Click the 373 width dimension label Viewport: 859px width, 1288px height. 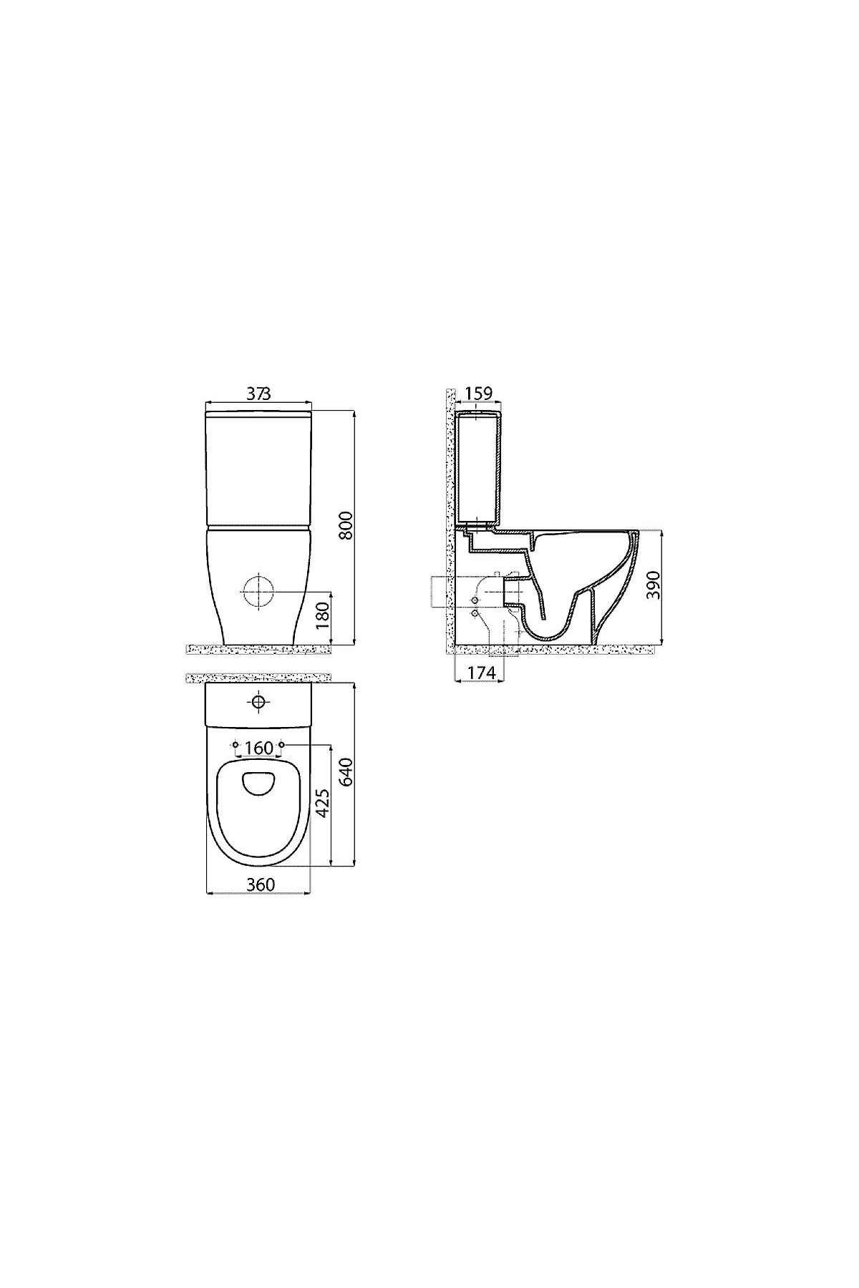259,394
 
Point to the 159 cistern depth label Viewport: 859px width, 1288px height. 478,394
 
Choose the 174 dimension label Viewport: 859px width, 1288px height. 481,673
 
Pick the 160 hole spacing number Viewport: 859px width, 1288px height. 258,748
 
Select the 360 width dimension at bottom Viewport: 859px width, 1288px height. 261,884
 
